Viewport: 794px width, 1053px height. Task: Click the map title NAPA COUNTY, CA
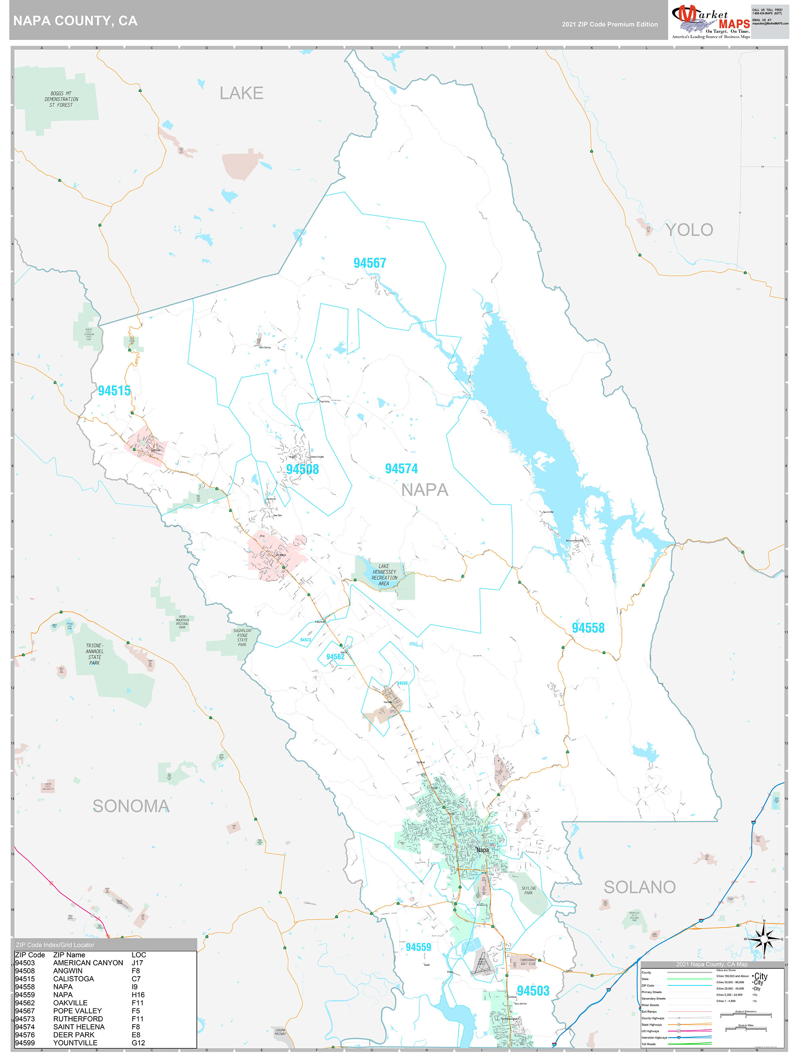[75, 21]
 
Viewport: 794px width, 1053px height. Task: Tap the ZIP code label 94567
[369, 263]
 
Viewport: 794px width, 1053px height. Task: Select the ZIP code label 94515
[114, 390]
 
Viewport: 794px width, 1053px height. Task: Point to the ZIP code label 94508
[302, 469]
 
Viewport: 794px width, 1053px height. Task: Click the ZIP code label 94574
[401, 469]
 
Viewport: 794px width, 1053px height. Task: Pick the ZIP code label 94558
[588, 627]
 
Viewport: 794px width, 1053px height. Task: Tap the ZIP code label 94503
[533, 991]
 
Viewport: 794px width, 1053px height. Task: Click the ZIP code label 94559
[418, 947]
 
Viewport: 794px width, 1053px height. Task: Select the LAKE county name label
[241, 93]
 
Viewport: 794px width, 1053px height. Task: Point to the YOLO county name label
[689, 230]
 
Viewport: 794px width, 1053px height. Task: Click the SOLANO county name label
[639, 887]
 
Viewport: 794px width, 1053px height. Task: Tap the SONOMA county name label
[131, 806]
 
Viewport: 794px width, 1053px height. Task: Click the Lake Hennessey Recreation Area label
[384, 575]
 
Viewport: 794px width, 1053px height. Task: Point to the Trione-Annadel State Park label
[94, 654]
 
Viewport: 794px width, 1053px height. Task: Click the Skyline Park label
[528, 890]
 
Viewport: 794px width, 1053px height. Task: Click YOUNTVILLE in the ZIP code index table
[75, 1042]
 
